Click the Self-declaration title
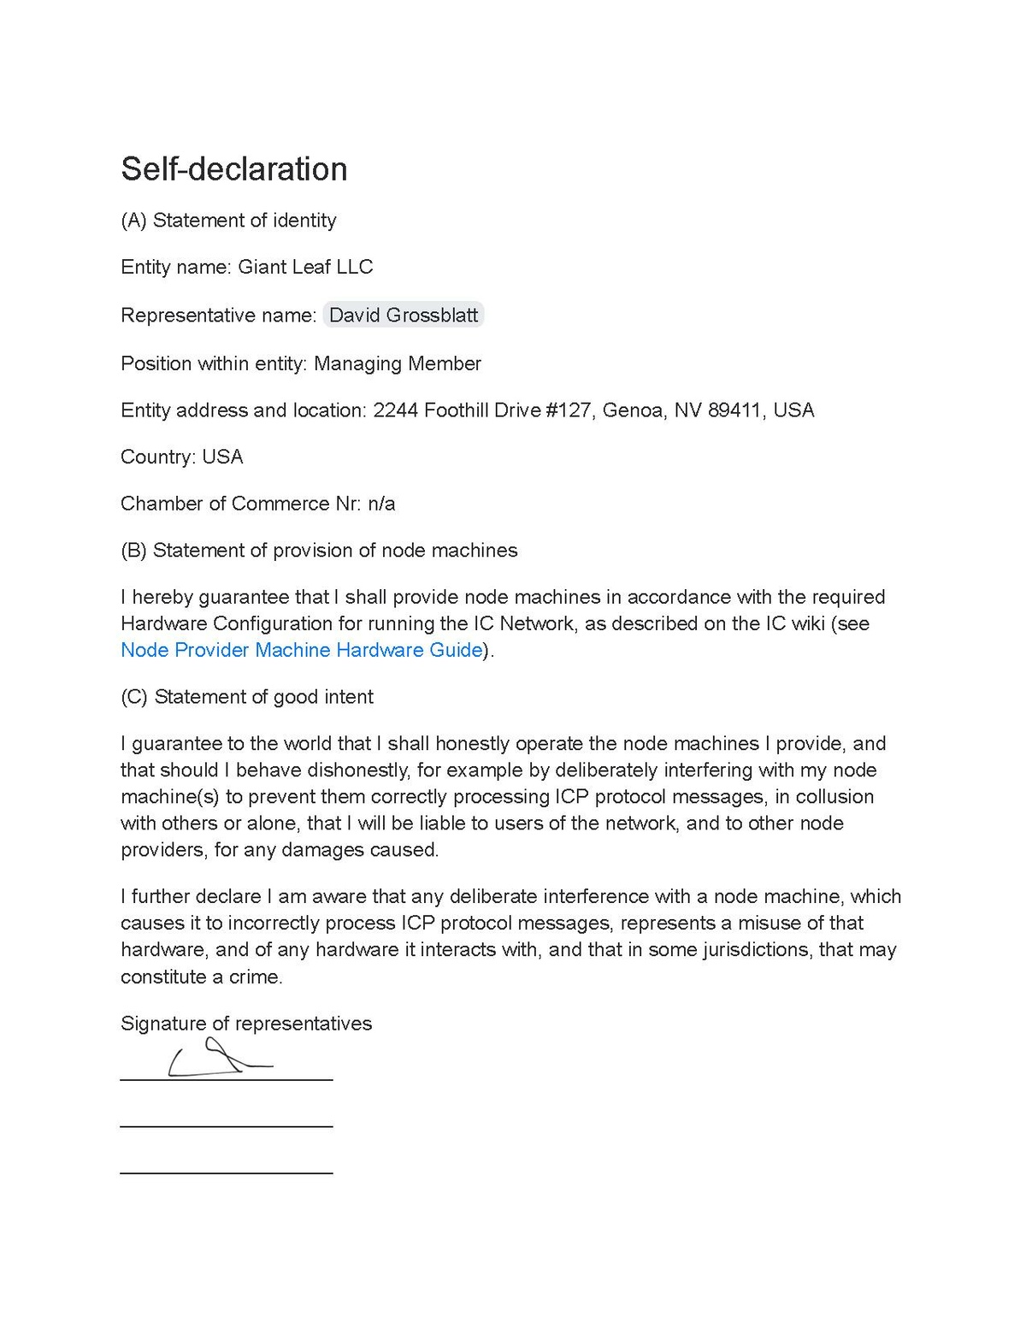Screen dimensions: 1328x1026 pyautogui.click(x=233, y=169)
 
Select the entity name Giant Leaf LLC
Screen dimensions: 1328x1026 pyautogui.click(x=305, y=267)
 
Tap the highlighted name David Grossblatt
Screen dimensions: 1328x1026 pyautogui.click(x=403, y=316)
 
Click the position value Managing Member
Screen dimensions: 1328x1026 pyautogui.click(x=397, y=363)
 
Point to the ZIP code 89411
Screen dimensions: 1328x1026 pyautogui.click(x=734, y=410)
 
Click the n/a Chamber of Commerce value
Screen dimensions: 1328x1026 pyautogui.click(x=381, y=504)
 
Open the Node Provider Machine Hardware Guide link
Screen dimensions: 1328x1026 pyautogui.click(x=301, y=650)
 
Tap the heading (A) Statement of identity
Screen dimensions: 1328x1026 pyautogui.click(x=228, y=221)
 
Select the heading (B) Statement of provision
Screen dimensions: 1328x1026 pyautogui.click(x=319, y=551)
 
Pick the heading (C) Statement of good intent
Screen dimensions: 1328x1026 pyautogui.click(x=247, y=697)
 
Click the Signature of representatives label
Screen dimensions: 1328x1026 pyautogui.click(x=246, y=1024)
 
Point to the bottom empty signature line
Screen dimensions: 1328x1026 pyautogui.click(x=226, y=1173)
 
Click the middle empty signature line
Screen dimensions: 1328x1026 pyautogui.click(x=226, y=1127)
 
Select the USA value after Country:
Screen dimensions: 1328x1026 pyautogui.click(x=222, y=457)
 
